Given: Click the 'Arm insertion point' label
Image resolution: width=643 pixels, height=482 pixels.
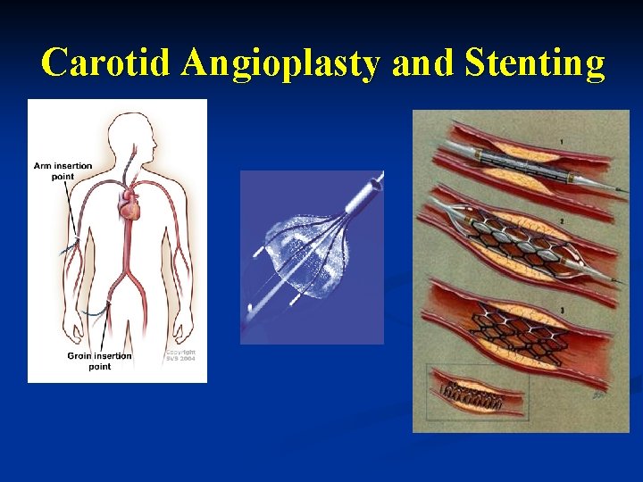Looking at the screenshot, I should pos(63,170).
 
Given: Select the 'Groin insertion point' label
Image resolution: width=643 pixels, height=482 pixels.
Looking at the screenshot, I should pos(99,361).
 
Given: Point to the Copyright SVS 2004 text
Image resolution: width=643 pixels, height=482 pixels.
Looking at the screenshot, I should pos(180,355).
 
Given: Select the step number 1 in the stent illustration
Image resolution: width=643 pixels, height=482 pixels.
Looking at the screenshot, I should pos(560,141).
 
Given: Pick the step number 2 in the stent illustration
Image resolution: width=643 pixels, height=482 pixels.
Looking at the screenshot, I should pos(560,220).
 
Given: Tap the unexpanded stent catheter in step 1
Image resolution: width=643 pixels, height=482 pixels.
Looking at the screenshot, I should pos(518,165).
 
